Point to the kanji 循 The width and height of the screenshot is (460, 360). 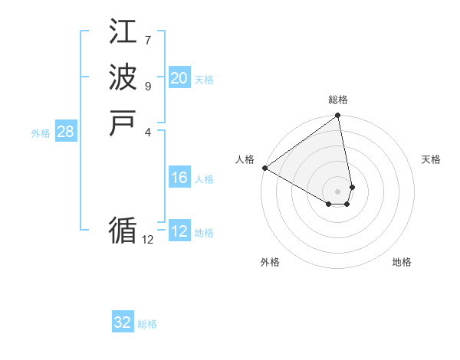coord(123,231)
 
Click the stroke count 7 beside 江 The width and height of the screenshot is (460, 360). coord(148,40)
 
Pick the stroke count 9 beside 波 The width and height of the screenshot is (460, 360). coord(148,85)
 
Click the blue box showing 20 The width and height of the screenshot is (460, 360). coord(179,78)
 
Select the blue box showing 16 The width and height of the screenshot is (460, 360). coord(179,178)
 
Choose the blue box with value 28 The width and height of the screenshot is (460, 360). coord(65,132)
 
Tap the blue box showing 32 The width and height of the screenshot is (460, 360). coord(123,322)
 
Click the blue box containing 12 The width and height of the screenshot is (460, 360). coord(179,231)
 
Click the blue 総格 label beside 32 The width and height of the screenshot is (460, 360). coord(147,324)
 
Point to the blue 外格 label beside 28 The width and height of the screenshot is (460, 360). coord(41,133)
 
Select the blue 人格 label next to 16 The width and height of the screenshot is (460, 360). coord(204,179)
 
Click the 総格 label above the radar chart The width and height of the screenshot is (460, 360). coord(338,100)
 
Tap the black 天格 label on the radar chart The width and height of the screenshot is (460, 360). coord(431,159)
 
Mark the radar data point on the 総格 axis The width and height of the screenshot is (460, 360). coord(338,116)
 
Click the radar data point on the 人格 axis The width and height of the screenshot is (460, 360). coord(264,168)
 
